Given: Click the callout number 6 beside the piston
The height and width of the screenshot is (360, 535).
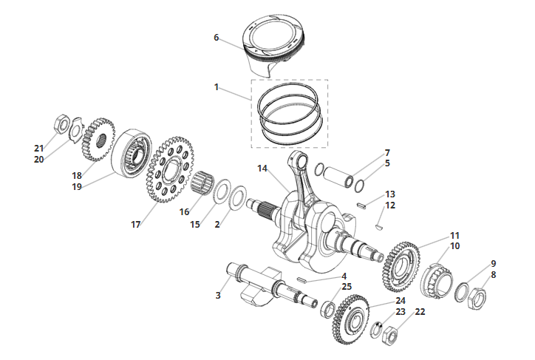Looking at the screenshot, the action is [x=216, y=38].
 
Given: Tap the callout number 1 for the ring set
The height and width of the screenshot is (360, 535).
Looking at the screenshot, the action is [x=217, y=87].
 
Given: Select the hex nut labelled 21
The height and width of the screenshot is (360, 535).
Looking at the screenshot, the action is [x=61, y=124].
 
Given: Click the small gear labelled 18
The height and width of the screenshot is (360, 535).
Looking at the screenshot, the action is [x=98, y=139].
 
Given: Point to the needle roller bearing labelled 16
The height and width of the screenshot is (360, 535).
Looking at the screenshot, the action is [x=201, y=183].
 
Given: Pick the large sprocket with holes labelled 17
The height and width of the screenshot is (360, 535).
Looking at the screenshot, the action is [x=169, y=169].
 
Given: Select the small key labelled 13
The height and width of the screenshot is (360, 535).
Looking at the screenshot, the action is [x=361, y=206].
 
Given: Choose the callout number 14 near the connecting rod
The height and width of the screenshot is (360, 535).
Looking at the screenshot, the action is [x=262, y=169].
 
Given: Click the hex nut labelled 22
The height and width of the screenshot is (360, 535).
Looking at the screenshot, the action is [x=389, y=336].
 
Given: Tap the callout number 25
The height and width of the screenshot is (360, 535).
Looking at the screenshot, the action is [x=347, y=286].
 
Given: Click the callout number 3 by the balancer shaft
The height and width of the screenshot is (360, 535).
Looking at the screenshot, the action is [x=218, y=295].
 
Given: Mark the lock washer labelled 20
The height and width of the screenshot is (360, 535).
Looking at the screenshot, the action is [x=76, y=130].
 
